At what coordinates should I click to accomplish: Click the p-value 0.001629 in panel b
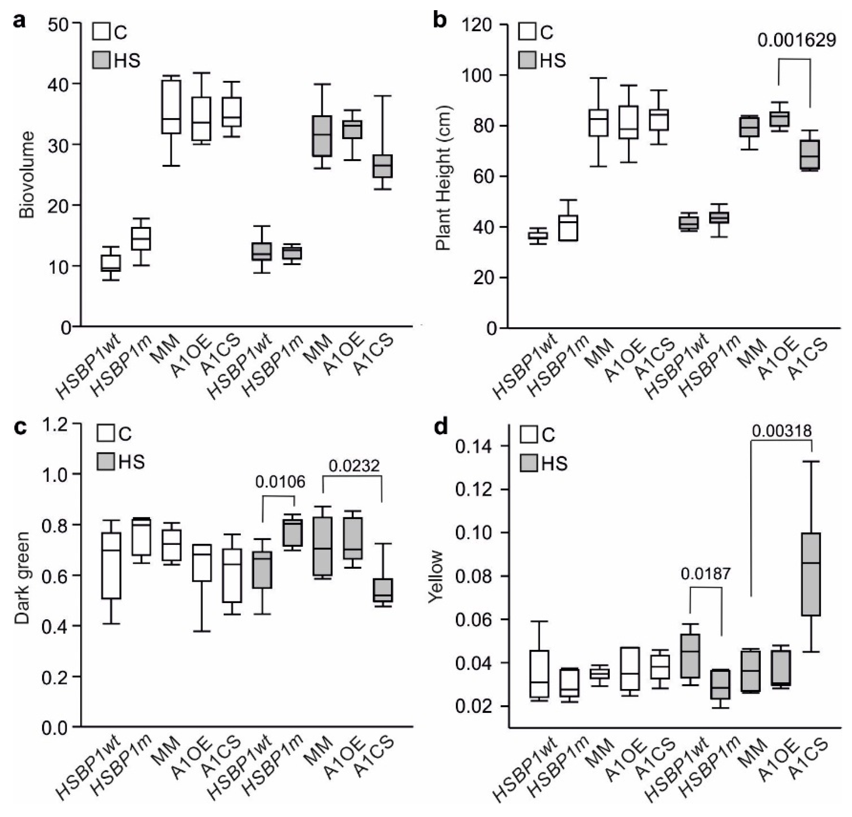[x=796, y=40]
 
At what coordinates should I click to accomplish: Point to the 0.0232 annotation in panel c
[x=354, y=466]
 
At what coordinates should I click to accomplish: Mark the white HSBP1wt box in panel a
[x=111, y=263]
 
